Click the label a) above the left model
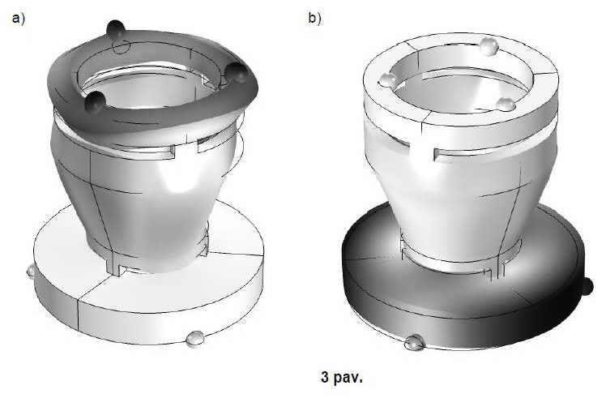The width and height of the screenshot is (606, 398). [18, 19]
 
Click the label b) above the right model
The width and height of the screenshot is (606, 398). [314, 18]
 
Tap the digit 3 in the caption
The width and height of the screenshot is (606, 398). [325, 376]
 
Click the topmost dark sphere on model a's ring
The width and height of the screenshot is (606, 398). [116, 28]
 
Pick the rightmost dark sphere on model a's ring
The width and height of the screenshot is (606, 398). [236, 72]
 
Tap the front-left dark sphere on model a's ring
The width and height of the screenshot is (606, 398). [95, 101]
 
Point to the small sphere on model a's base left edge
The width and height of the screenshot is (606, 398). [31, 271]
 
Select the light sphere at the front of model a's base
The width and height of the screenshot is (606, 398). [194, 339]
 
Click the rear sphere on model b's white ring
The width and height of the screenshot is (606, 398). [489, 46]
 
